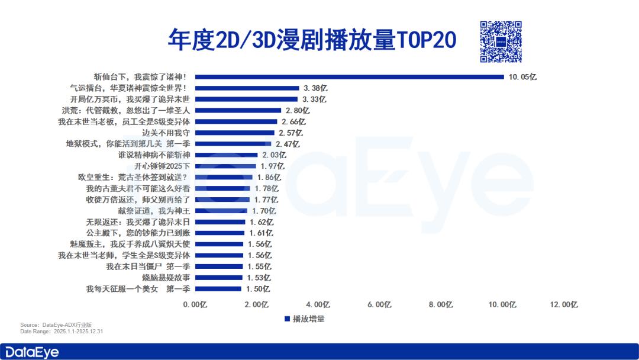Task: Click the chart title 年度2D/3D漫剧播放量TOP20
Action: [x=312, y=40]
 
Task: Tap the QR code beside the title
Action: [x=501, y=41]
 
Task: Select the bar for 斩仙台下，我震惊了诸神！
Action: [x=349, y=76]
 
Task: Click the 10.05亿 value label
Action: [x=521, y=76]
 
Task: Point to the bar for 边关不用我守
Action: [x=235, y=133]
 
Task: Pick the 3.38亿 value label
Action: [x=315, y=88]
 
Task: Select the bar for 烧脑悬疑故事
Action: [x=219, y=278]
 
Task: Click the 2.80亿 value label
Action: [x=298, y=110]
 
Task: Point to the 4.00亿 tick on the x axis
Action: [x=318, y=304]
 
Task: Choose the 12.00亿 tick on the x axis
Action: [x=563, y=304]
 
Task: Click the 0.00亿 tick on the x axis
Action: [x=195, y=304]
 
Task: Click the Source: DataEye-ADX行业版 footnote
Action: [x=56, y=325]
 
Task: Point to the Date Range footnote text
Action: [x=62, y=332]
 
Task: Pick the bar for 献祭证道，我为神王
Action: [x=222, y=211]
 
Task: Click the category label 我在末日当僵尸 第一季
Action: [x=148, y=266]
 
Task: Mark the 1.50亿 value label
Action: [x=257, y=289]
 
